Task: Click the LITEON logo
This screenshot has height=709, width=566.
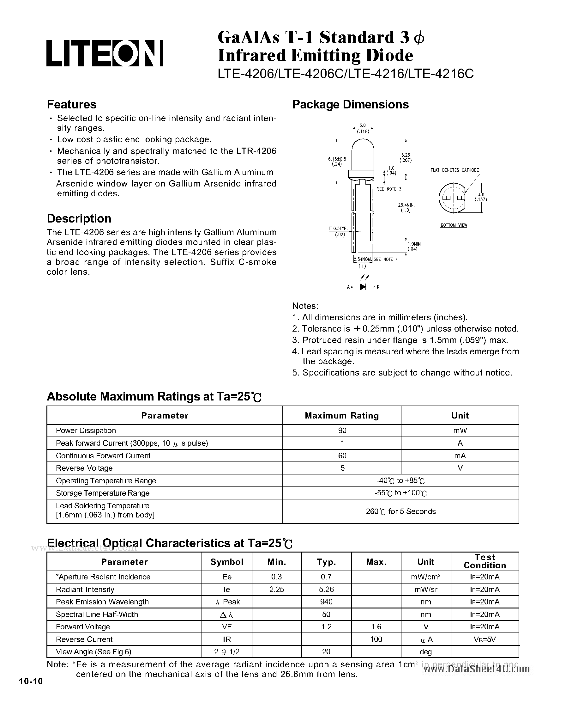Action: [105, 53]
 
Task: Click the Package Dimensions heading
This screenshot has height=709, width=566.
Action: [350, 105]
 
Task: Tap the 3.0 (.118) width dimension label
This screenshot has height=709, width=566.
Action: [363, 129]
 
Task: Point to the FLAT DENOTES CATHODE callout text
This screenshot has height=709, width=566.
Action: [455, 170]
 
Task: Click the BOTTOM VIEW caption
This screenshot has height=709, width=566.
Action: [454, 225]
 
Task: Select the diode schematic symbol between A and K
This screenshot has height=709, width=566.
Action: [363, 287]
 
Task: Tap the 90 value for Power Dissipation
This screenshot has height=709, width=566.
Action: [342, 431]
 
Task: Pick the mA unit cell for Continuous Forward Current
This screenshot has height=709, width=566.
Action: [460, 455]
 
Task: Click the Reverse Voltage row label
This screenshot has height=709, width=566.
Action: [84, 468]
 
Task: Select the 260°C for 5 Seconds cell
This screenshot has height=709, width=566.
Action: [400, 511]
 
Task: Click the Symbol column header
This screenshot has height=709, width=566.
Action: [227, 562]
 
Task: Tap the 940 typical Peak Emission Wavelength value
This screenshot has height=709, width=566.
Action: [326, 602]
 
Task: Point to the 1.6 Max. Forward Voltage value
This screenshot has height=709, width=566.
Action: [376, 627]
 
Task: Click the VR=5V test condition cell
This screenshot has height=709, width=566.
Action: [485, 639]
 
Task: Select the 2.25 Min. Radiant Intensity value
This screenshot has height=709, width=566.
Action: [276, 589]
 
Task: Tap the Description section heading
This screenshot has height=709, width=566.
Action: [79, 218]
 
